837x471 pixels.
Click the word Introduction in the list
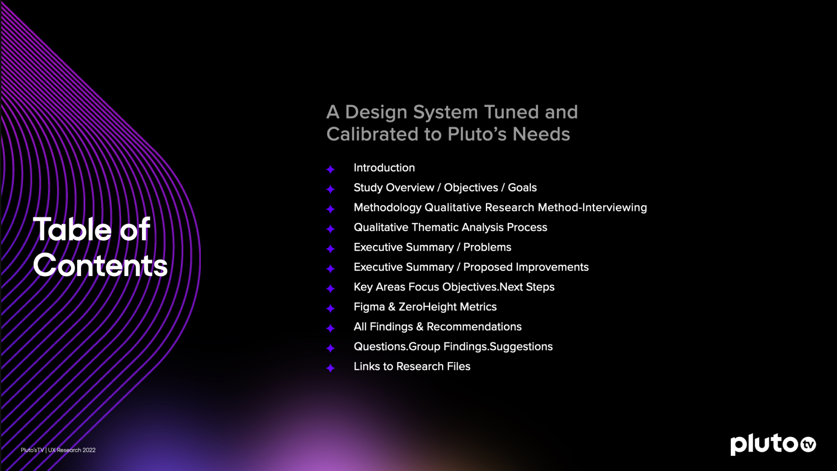point(384,168)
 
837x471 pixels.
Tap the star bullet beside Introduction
point(331,169)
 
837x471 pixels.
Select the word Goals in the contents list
point(522,188)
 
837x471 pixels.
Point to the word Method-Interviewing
point(592,208)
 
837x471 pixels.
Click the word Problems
point(487,247)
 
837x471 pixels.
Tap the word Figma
point(369,307)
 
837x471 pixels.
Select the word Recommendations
point(474,327)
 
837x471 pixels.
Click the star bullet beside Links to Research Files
point(331,368)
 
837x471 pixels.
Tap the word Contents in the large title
point(100,265)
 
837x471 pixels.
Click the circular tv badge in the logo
point(808,445)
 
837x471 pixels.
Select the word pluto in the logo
point(764,445)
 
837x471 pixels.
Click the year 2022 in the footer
point(89,450)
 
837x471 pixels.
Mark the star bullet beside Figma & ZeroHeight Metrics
point(331,308)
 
